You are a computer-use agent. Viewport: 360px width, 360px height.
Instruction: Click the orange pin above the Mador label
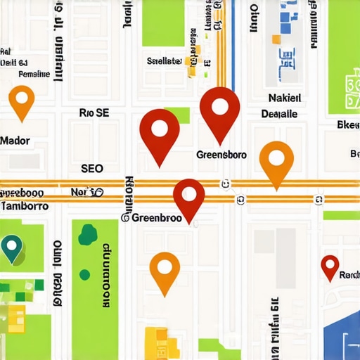[x=22, y=100]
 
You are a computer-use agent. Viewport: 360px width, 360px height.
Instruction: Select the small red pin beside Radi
[x=330, y=266]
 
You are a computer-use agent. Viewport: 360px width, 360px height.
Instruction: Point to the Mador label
[x=15, y=141]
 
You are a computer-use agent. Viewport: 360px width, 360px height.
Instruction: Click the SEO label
[x=92, y=169]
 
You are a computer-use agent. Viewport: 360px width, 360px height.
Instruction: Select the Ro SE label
[x=94, y=112]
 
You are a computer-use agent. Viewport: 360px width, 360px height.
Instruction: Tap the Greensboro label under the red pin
[x=221, y=155]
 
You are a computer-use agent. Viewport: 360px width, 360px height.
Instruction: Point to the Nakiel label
[x=285, y=98]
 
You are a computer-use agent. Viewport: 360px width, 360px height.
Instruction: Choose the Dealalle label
[x=279, y=114]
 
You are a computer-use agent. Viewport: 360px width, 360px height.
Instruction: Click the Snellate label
[x=165, y=60]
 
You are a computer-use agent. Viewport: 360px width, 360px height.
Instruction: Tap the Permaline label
[x=34, y=73]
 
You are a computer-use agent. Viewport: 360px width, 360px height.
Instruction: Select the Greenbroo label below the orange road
[x=153, y=218]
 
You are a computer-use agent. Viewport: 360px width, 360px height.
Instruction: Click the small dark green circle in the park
[x=85, y=274]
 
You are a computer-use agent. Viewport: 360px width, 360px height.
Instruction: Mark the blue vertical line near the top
[x=233, y=28]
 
